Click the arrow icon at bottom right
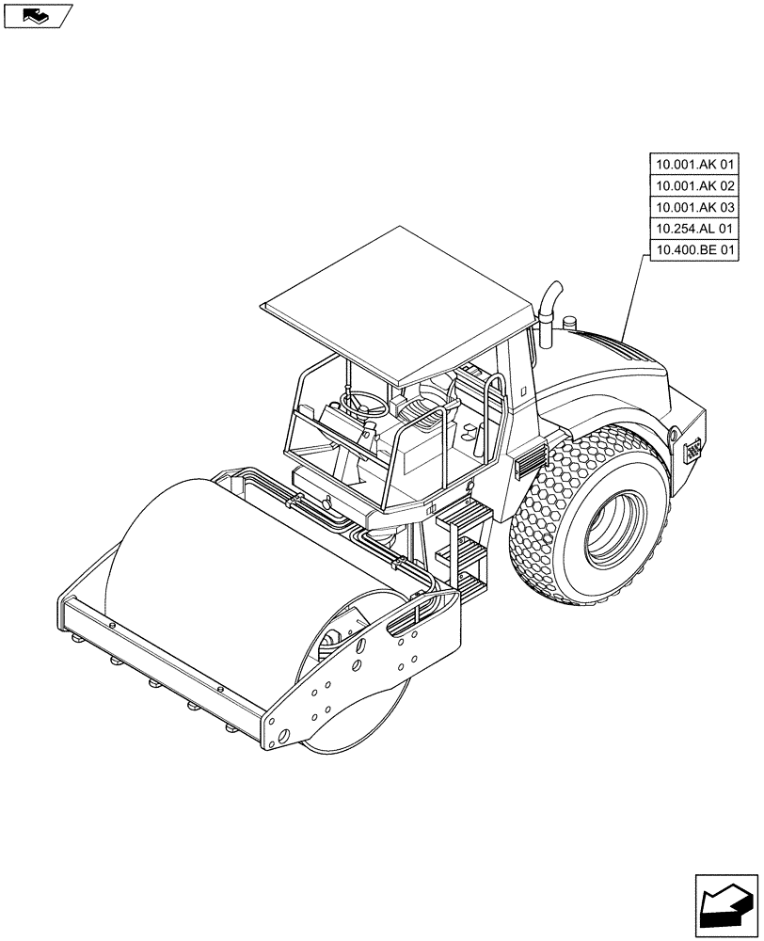point(725,902)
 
